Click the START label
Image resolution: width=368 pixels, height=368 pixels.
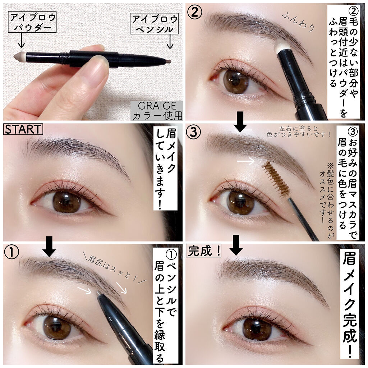[x=23, y=129]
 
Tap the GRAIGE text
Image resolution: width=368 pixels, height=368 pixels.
[x=157, y=106]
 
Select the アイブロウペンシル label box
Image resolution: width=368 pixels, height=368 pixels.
[x=154, y=23]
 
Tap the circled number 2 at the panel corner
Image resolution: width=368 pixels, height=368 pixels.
[x=194, y=12]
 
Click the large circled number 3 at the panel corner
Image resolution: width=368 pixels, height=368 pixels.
[x=193, y=132]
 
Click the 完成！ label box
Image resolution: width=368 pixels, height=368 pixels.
[x=203, y=251]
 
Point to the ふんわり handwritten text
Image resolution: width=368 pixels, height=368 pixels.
[x=298, y=22]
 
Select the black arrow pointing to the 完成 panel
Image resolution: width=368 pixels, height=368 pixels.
[x=236, y=245]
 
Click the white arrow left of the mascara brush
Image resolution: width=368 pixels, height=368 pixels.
[x=246, y=161]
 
